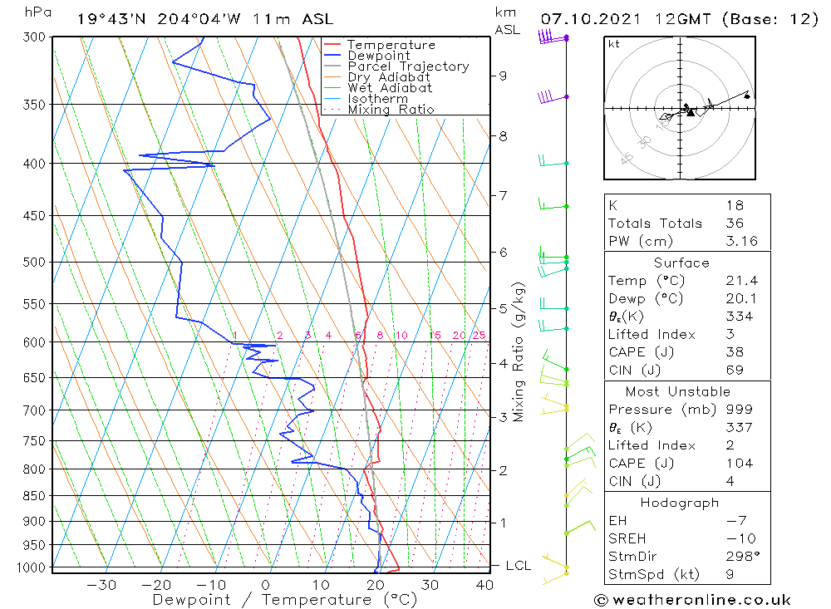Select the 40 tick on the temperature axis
[484, 585]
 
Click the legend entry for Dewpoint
[378, 56]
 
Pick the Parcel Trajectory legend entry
[408, 66]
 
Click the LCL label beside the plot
[519, 566]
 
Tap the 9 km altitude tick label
[502, 76]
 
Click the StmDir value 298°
[737, 557]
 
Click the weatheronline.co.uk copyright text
[692, 600]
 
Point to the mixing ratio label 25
[479, 336]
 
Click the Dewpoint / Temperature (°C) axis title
[284, 600]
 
